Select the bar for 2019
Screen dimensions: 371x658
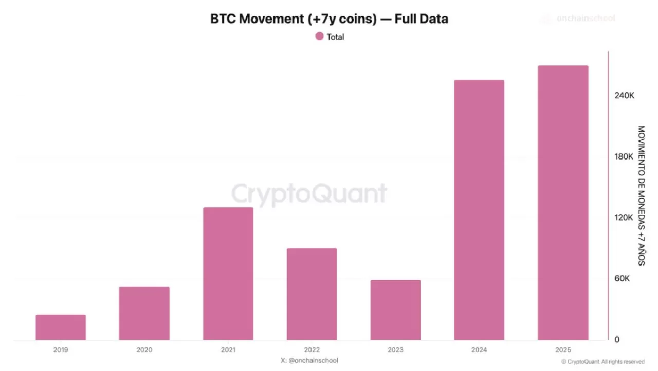point(61,327)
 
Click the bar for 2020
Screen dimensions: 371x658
point(144,313)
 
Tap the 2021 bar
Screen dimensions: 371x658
point(228,273)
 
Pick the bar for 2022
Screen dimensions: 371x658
point(312,294)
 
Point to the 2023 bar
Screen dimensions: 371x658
point(395,310)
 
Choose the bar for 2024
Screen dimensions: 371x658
point(479,210)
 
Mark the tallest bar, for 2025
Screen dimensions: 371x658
point(563,203)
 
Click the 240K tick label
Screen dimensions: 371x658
point(625,96)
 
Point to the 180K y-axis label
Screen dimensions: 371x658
point(625,156)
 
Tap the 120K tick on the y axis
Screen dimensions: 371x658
point(625,218)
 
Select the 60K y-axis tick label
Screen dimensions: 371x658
point(623,278)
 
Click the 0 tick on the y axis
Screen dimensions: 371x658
point(617,339)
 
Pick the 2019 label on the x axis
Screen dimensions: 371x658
point(61,350)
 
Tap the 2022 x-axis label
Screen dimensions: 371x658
point(312,350)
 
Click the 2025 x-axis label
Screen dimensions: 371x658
point(563,350)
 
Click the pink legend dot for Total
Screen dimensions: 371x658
point(319,37)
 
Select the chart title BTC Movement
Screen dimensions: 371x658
point(329,19)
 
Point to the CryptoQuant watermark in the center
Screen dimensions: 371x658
point(309,194)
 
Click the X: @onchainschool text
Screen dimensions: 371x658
point(309,360)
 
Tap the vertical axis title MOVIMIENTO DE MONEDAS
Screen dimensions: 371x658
point(641,196)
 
